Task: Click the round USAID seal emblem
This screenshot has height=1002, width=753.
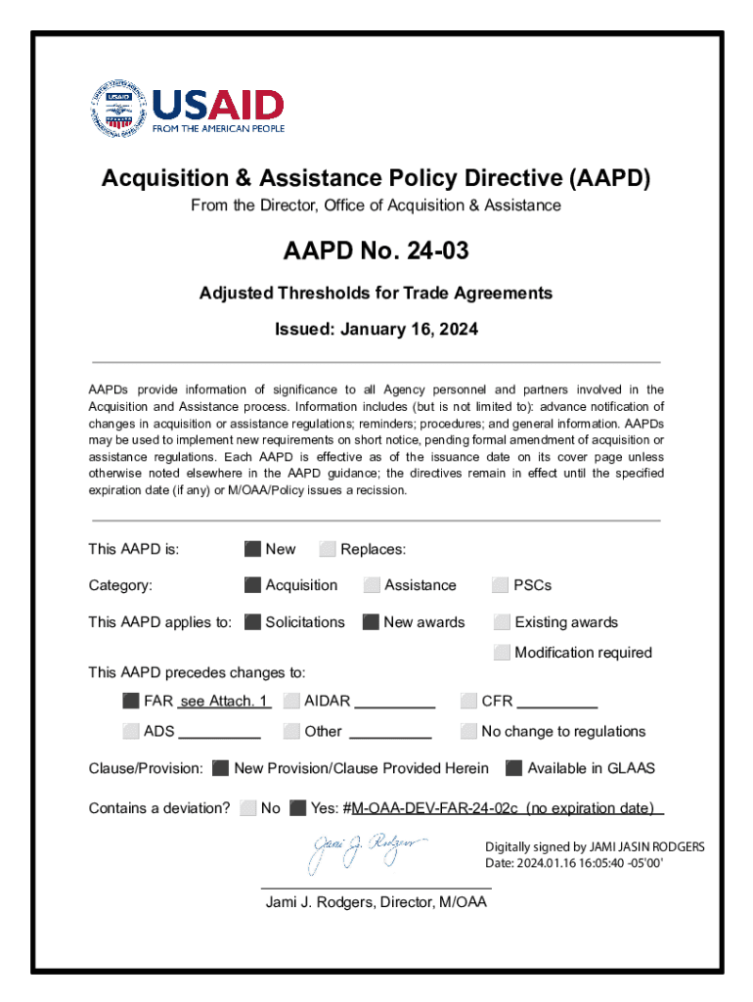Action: click(118, 108)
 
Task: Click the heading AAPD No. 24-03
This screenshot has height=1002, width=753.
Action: click(376, 251)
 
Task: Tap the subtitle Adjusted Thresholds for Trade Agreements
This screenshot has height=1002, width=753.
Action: click(376, 293)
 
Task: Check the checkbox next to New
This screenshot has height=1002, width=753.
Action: click(252, 549)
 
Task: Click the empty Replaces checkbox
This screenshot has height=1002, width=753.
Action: click(328, 549)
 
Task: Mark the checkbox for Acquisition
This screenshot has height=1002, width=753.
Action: click(252, 585)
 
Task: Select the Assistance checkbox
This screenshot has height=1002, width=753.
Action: click(372, 585)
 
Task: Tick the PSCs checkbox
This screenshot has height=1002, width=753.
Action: click(502, 585)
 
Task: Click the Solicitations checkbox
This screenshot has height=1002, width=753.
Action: click(252, 622)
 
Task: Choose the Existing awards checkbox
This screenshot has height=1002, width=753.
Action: click(502, 622)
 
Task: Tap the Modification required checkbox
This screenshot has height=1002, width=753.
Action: click(502, 653)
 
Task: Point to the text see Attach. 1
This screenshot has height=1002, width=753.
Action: click(224, 701)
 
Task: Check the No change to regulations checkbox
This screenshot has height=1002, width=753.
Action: click(468, 731)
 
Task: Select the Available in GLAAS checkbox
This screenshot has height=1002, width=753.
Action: click(513, 768)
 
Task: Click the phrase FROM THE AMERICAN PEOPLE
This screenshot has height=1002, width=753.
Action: click(218, 128)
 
